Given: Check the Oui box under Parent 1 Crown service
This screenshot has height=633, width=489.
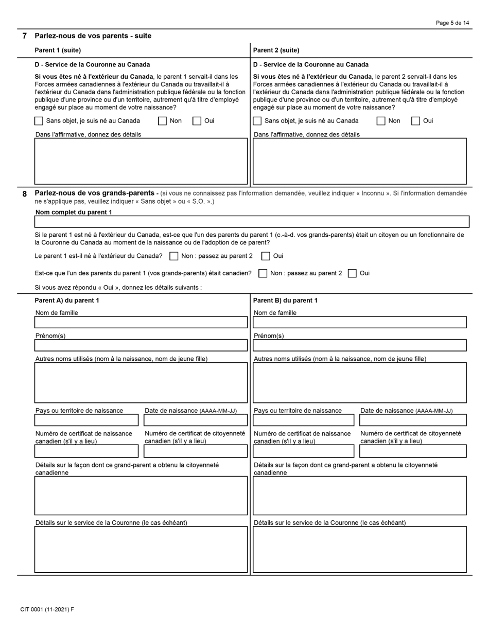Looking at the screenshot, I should (x=197, y=121).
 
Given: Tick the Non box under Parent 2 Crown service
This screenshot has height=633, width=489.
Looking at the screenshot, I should (x=381, y=121).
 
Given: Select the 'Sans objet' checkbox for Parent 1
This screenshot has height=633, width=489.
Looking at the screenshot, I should (x=39, y=121).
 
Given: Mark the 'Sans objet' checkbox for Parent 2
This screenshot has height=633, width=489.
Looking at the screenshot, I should (x=257, y=121).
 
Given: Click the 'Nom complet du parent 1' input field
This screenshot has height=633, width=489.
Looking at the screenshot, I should (x=252, y=221).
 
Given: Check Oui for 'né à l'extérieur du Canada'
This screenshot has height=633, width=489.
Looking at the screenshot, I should (x=266, y=256).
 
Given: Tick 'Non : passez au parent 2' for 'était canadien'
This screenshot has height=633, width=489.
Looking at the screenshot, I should (x=263, y=273).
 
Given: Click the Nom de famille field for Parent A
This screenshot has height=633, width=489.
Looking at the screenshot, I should (x=141, y=322).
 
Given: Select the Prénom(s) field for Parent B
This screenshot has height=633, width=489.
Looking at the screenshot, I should (x=359, y=345).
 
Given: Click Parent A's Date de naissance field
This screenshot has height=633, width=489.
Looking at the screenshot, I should (x=196, y=420).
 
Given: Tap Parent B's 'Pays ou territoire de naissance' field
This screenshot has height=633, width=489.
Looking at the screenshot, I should (x=304, y=420).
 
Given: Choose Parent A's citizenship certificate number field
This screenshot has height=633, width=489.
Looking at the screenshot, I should (x=196, y=451).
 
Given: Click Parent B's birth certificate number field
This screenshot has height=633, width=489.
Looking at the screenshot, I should (x=304, y=451).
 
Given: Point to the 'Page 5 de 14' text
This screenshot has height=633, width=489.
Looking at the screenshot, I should (x=452, y=23).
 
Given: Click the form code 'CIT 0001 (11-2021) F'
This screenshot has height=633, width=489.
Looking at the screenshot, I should (x=47, y=609).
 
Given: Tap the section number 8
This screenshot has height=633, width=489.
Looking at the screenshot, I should (x=24, y=194).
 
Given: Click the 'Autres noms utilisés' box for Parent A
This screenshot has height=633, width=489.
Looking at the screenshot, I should (x=141, y=382).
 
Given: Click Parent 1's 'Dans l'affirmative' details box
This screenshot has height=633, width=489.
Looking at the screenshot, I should (x=141, y=161).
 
